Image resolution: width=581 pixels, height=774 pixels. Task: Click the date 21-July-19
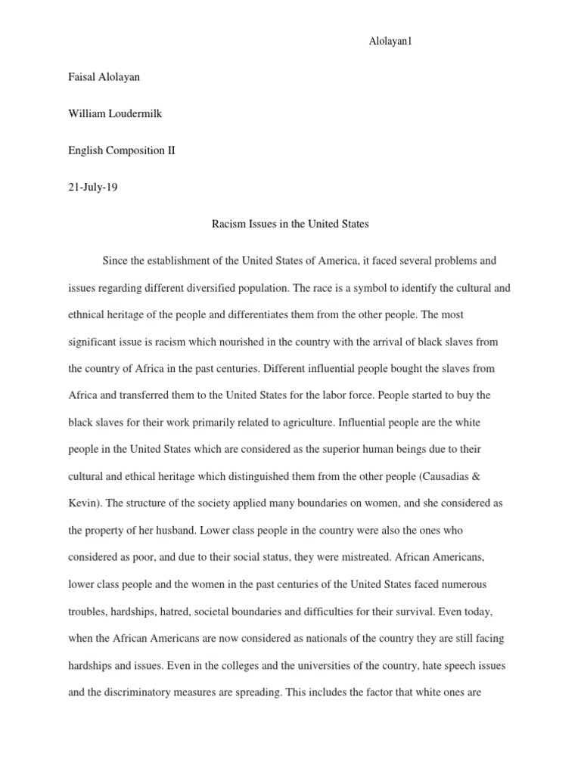[x=93, y=187]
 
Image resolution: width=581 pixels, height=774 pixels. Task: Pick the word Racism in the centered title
[x=224, y=224]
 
